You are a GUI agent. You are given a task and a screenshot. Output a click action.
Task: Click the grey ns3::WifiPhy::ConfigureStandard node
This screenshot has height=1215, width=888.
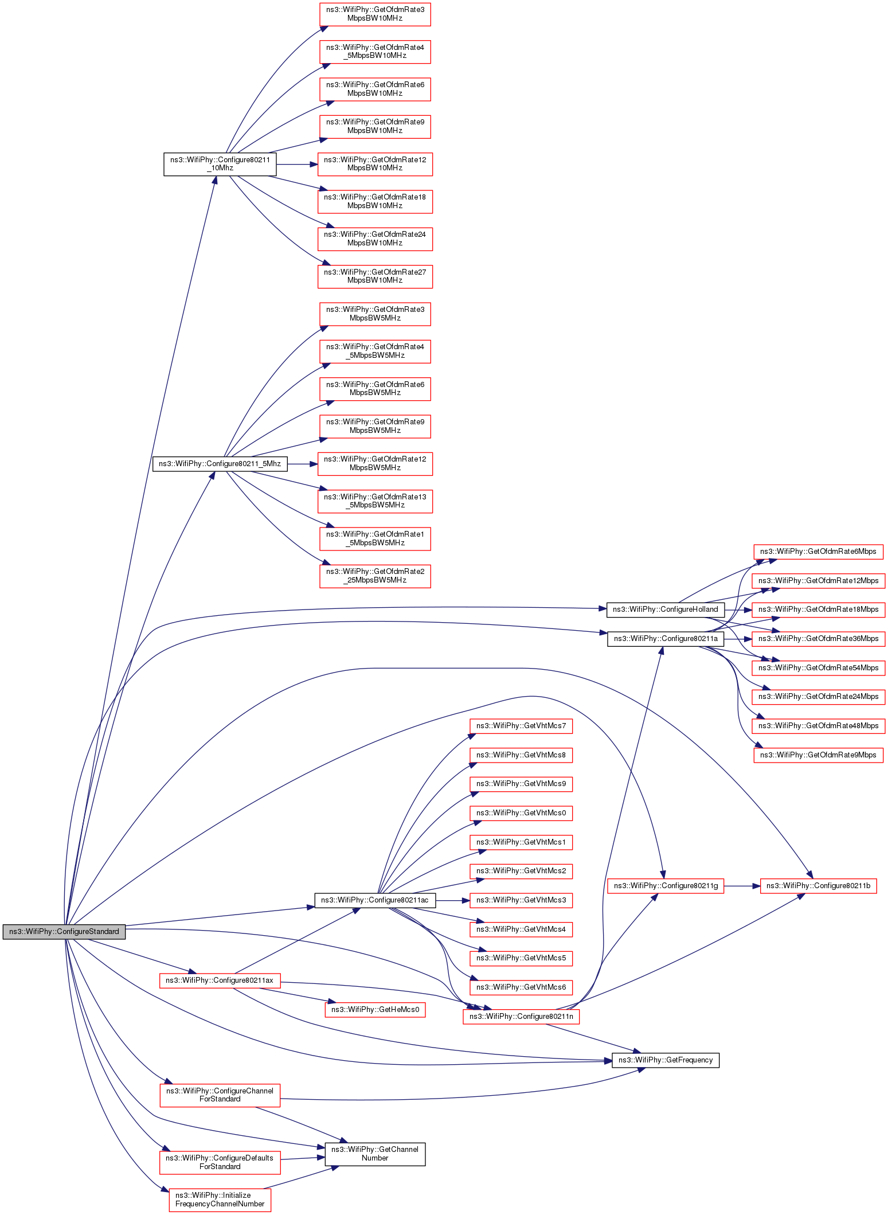(x=64, y=931)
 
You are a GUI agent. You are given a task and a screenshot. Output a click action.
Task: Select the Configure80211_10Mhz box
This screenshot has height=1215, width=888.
(x=220, y=164)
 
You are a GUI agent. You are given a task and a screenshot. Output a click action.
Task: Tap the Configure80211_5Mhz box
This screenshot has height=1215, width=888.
(x=220, y=463)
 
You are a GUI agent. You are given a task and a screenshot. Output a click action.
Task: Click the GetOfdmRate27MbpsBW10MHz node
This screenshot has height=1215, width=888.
(x=375, y=276)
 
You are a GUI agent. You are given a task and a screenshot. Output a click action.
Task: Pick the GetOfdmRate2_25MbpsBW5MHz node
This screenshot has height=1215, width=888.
(x=375, y=576)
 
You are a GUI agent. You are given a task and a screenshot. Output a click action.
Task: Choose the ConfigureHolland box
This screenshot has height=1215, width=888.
(x=665, y=610)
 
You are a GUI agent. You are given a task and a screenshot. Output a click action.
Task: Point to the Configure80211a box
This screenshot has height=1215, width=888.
(x=665, y=639)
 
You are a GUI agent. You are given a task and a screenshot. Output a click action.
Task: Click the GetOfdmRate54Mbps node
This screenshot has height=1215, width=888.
(x=818, y=668)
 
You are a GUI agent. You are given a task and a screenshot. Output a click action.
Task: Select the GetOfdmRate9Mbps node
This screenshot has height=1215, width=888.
(x=818, y=755)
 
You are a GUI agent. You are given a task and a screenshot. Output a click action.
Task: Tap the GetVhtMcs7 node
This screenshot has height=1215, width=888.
(x=521, y=726)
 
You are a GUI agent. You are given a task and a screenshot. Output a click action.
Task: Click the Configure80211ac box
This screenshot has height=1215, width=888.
(x=374, y=900)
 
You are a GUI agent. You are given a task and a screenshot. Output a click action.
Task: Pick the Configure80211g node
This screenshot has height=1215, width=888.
(x=666, y=886)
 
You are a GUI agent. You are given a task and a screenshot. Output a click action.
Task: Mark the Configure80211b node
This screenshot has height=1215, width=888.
(x=818, y=886)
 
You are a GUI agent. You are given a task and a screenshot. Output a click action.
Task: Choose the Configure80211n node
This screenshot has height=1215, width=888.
(x=521, y=1017)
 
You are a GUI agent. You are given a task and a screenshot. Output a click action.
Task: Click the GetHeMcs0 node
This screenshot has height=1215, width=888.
(x=375, y=1010)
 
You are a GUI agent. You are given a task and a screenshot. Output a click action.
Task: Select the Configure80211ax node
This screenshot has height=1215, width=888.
(x=220, y=980)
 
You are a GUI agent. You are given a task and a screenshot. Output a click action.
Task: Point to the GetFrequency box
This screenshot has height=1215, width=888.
(x=665, y=1060)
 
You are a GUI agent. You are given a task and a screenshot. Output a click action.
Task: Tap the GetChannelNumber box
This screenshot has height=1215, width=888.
(x=375, y=1154)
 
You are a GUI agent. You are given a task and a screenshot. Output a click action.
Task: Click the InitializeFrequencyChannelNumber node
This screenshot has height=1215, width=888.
(x=220, y=1200)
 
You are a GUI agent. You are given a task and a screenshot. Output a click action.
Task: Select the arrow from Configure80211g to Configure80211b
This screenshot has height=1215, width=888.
(x=742, y=886)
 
